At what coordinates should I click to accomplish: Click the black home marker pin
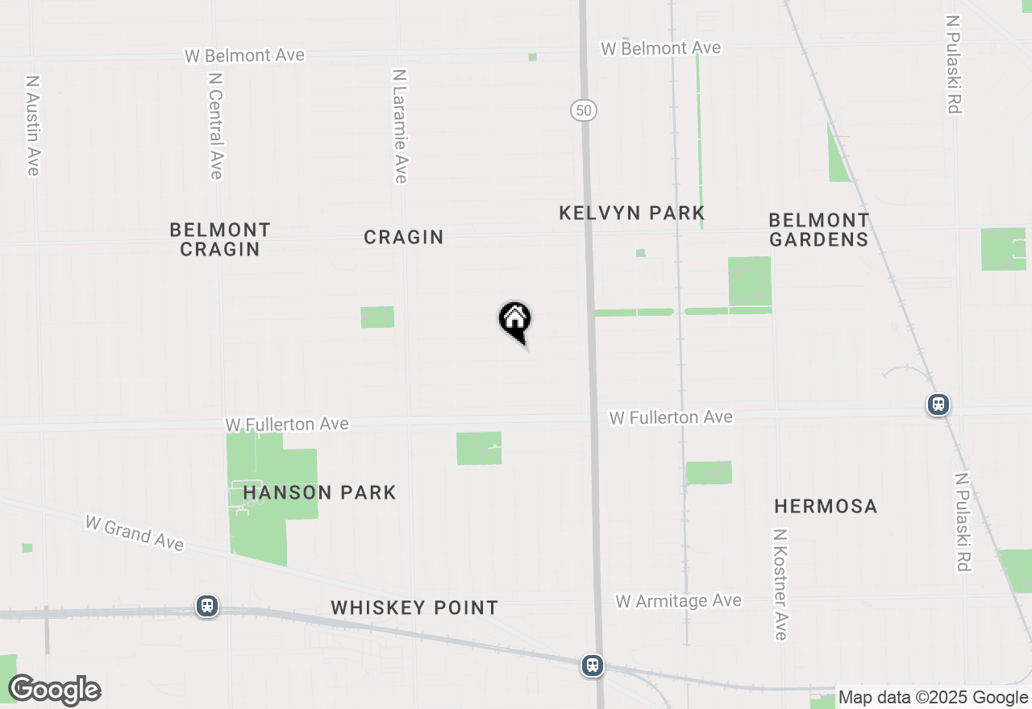tap(514, 320)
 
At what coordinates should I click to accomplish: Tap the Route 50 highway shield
tap(583, 110)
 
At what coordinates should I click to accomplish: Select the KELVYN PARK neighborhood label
tap(632, 213)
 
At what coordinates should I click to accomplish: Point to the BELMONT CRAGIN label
tap(220, 239)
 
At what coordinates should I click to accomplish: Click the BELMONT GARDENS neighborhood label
tap(818, 230)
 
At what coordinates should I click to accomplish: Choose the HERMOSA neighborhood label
tap(826, 506)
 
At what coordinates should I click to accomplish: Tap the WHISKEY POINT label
tap(414, 607)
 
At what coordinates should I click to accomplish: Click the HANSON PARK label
tap(319, 492)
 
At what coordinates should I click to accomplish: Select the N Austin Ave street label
tap(32, 125)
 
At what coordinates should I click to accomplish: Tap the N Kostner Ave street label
tap(780, 584)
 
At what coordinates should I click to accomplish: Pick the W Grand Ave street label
tap(135, 533)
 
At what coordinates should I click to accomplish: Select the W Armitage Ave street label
tap(678, 601)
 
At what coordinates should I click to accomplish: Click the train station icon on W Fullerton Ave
tap(938, 404)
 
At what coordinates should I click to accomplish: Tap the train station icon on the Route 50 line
tap(593, 665)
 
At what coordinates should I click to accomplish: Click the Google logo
tap(54, 690)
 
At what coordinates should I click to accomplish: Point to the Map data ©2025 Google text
tap(933, 698)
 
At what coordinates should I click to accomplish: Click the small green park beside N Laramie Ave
tap(377, 317)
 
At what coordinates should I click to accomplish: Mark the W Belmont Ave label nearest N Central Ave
tap(244, 56)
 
